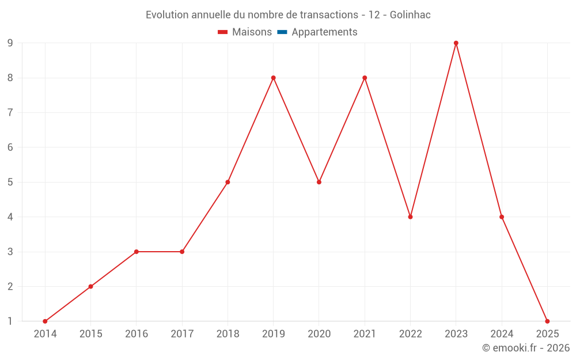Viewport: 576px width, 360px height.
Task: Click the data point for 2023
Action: (456, 43)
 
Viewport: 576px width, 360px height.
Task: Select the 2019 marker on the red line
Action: (273, 78)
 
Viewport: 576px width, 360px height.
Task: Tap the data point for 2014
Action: (45, 321)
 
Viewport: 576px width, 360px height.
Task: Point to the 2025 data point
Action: (547, 321)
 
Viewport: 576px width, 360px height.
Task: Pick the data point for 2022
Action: (410, 217)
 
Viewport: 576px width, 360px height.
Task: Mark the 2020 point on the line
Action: (319, 182)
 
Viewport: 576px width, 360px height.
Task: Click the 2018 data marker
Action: (228, 182)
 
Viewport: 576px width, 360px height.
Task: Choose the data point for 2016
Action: (137, 252)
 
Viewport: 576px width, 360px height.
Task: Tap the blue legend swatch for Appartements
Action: (282, 32)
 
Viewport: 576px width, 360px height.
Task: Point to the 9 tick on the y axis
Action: (10, 43)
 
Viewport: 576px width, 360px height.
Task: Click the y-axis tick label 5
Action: (10, 182)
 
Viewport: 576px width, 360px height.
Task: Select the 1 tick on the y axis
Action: (10, 321)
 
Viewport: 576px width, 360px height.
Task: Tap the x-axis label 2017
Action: (182, 334)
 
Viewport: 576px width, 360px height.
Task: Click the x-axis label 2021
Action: (365, 334)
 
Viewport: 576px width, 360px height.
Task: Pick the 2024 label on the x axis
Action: (502, 334)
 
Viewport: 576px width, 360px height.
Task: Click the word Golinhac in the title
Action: (410, 15)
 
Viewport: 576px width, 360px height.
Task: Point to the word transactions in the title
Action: (331, 15)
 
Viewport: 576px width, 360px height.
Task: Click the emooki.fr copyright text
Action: (526, 348)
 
